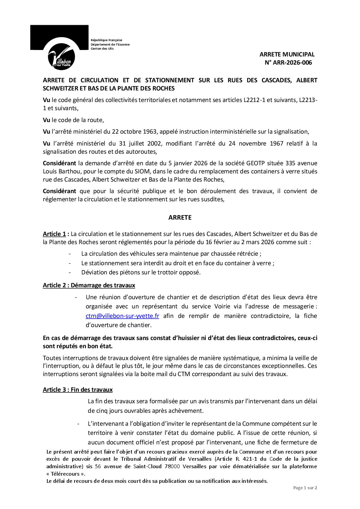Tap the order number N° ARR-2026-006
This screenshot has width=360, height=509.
tap(288, 63)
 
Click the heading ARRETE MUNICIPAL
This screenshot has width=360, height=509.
tap(287, 54)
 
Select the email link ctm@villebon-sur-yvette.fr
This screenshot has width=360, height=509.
tap(122, 316)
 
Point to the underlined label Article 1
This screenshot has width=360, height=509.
tap(54, 234)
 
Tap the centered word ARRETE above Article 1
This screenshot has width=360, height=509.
tap(180, 218)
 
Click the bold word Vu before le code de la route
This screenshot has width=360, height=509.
tap(46, 120)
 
